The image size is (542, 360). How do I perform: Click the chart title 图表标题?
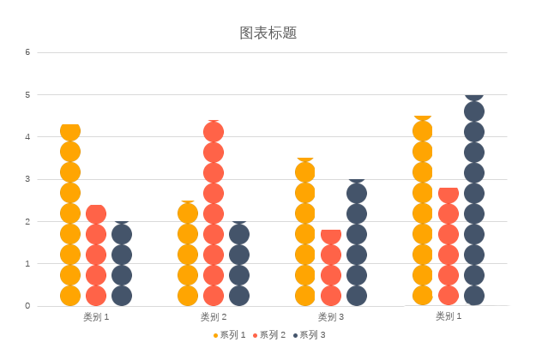pos(268,33)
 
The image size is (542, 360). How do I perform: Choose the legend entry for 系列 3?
pos(310,335)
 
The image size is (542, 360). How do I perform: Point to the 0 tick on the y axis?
pos(27,306)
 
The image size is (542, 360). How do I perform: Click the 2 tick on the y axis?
pos(27,221)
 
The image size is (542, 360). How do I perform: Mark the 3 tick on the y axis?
pos(27,179)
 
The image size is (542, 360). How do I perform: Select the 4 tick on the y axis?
pos(27,137)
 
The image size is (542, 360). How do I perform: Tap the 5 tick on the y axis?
pos(27,95)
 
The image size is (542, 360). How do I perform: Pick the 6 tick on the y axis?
pos(27,52)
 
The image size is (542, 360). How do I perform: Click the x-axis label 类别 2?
pos(214,317)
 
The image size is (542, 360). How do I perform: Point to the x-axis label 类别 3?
pos(331,317)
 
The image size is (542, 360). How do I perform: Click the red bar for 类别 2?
pos(214,213)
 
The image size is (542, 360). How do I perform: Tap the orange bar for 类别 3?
pos(305,232)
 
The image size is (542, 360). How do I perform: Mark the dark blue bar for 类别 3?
pos(357,243)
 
